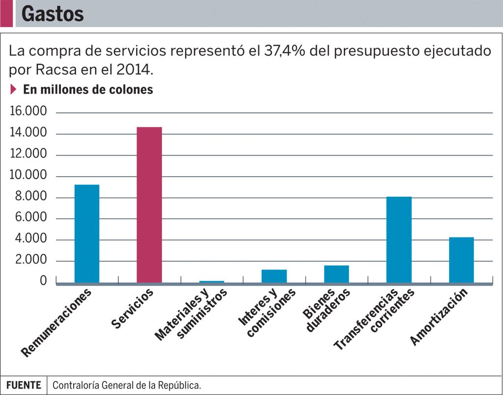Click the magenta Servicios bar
tap(149, 205)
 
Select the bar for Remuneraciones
tap(87, 234)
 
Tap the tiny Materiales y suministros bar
tap(212, 282)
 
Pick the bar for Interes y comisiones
tap(274, 276)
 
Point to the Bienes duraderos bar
tap(336, 274)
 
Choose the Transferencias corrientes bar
tap(399, 239)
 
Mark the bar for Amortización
tap(461, 260)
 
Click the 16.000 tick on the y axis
tap(28, 112)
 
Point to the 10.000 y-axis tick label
tap(28, 175)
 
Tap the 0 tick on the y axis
tap(44, 281)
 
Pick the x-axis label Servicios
tap(133, 309)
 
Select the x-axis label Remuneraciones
tap(56, 322)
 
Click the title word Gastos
tap(53, 14)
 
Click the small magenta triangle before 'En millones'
tap(14, 90)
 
